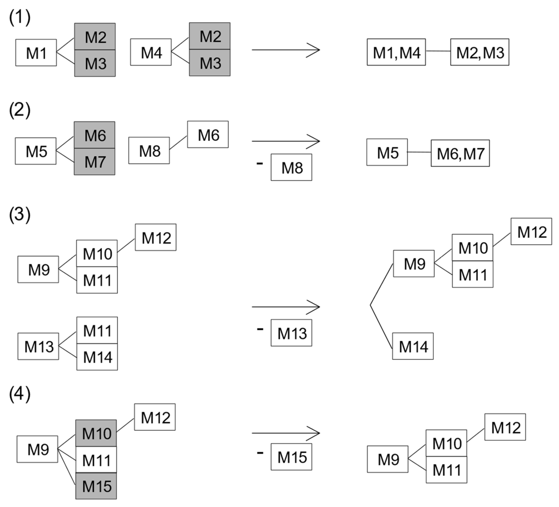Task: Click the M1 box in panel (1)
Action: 36,53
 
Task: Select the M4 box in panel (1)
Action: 151,52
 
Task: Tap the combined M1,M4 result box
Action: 396,52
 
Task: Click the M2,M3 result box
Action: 480,52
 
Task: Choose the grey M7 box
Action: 94,162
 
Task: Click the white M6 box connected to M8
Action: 208,135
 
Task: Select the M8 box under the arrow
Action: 291,167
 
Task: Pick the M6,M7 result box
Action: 460,153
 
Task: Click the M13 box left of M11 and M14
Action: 38,346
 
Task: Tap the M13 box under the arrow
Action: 291,333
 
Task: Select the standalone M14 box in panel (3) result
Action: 413,346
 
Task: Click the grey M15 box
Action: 96,486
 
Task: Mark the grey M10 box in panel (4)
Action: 96,433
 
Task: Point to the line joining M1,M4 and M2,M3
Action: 438,51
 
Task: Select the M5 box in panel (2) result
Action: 387,152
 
